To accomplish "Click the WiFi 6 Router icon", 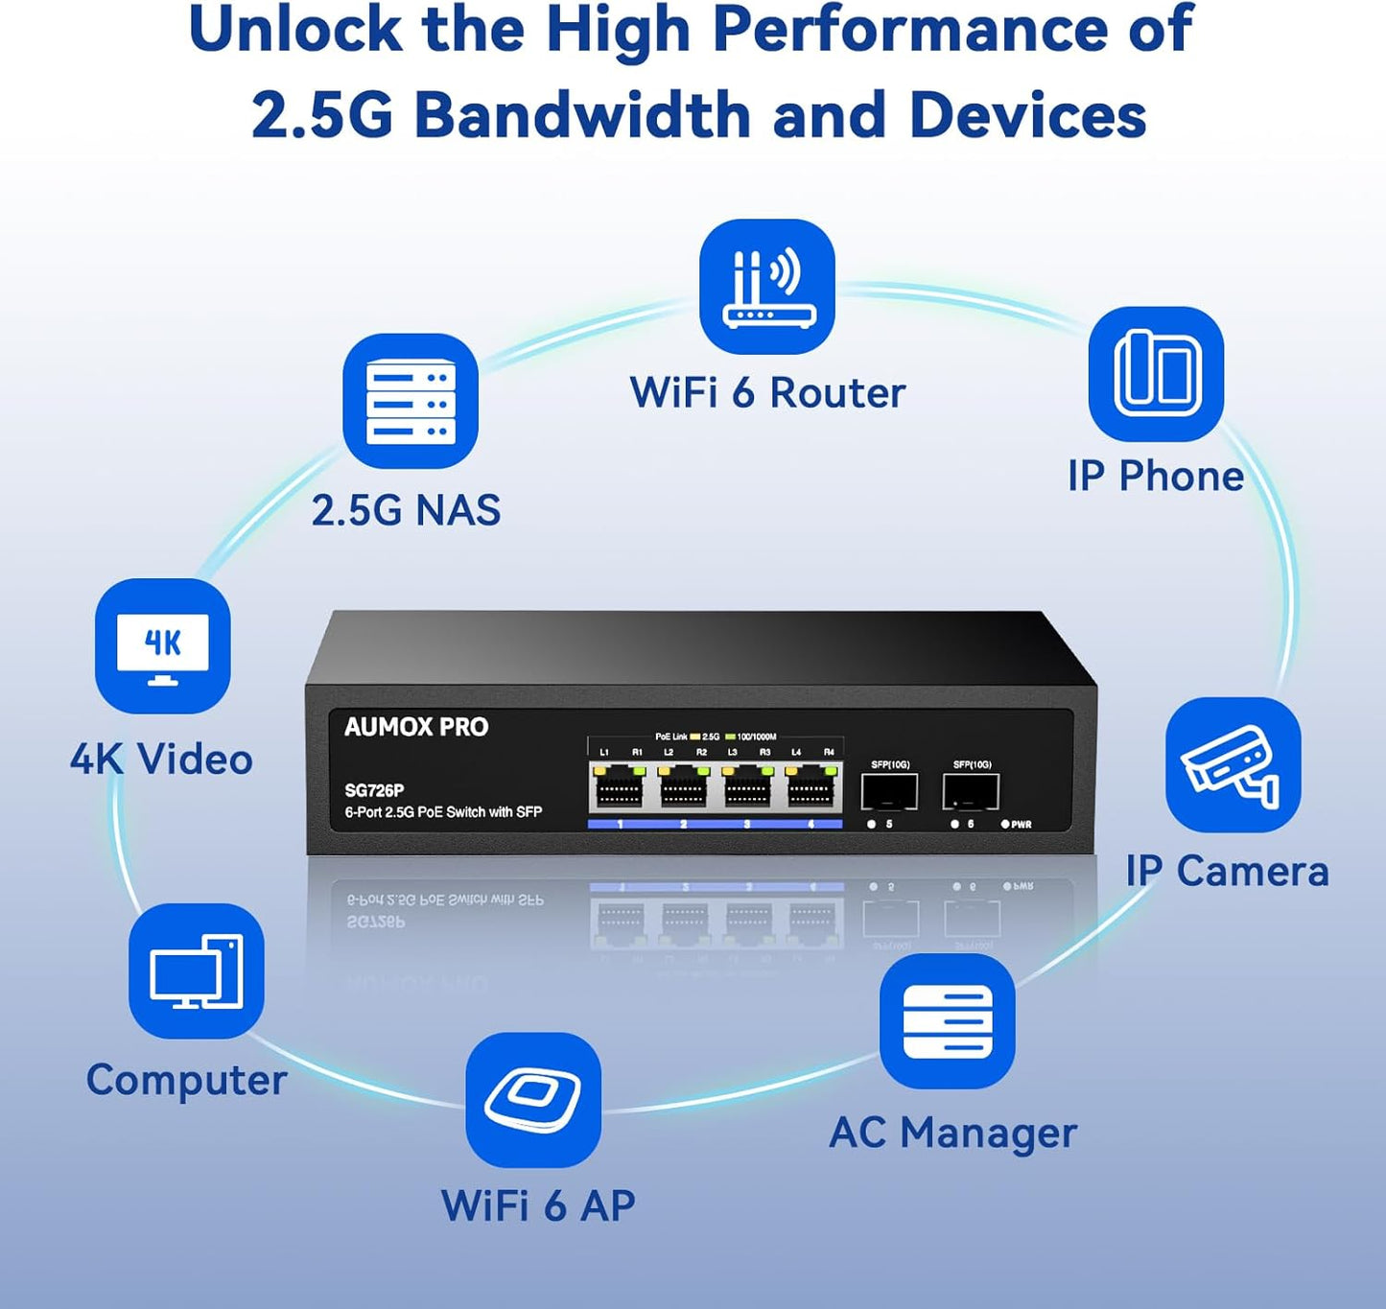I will pyautogui.click(x=767, y=287).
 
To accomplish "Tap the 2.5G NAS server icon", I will pyautogui.click(x=411, y=401).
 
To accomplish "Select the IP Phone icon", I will pyautogui.click(x=1156, y=374).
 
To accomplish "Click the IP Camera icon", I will pyautogui.click(x=1233, y=764).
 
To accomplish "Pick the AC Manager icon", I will pyautogui.click(x=948, y=1021).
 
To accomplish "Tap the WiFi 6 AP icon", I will pyautogui.click(x=533, y=1099).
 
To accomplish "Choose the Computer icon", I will pyautogui.click(x=197, y=970).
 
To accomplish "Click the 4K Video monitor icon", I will pyautogui.click(x=162, y=645).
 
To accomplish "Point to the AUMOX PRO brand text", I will pyautogui.click(x=416, y=727).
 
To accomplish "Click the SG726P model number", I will pyautogui.click(x=374, y=790).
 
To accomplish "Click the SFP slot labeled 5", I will pyautogui.click(x=889, y=792).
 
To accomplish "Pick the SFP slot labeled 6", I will pyautogui.click(x=971, y=792).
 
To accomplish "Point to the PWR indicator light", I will pyautogui.click(x=1005, y=824).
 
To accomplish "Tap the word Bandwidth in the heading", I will pyautogui.click(x=583, y=115).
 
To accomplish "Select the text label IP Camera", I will pyautogui.click(x=1227, y=871).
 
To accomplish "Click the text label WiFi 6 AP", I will pyautogui.click(x=538, y=1205).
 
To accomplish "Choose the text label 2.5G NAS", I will pyautogui.click(x=406, y=510).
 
